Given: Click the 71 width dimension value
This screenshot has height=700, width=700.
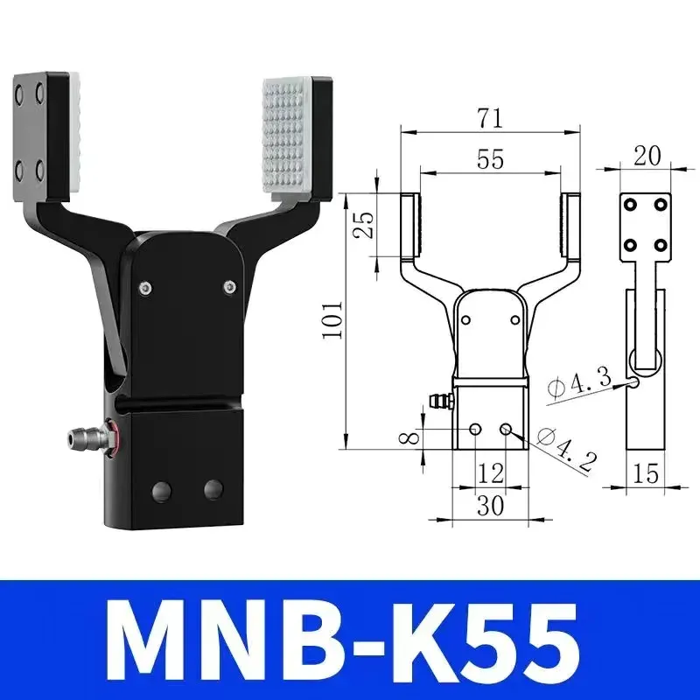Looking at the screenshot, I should (x=489, y=114).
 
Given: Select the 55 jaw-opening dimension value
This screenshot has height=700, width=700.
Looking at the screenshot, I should (x=489, y=159).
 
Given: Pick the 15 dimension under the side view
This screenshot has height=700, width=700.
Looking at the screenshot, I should (x=646, y=474).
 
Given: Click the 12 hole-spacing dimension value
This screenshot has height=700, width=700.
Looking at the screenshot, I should (x=491, y=473).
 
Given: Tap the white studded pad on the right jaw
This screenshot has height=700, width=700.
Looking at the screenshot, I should (x=292, y=135).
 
